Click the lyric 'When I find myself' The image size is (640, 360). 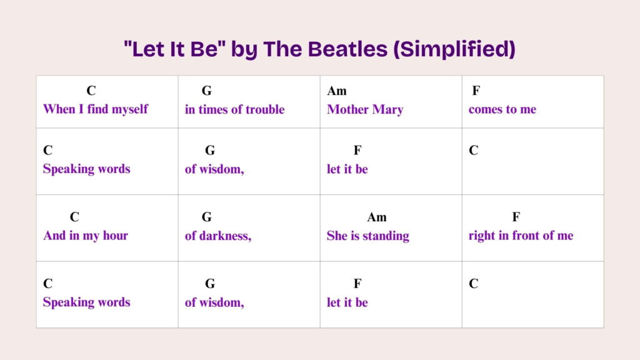point(96,109)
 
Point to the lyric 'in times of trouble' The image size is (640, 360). point(234,109)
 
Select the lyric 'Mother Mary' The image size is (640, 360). point(365,109)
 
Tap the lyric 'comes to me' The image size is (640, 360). point(502,109)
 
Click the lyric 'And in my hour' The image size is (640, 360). point(86,236)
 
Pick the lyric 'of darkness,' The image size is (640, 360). point(218,236)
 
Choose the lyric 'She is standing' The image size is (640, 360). point(368,236)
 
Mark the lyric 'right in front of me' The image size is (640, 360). point(521,236)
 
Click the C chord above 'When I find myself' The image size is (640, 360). point(91,91)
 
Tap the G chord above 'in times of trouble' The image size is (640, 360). point(207,91)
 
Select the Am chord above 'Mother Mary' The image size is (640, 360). point(337,91)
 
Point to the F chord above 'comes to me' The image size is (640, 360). point(476,91)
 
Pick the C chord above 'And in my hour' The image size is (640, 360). point(74,217)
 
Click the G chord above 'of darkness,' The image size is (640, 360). point(207,217)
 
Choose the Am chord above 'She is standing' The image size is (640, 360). point(377,217)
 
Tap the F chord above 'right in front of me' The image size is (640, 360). point(516,217)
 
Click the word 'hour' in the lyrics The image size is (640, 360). point(116,236)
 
